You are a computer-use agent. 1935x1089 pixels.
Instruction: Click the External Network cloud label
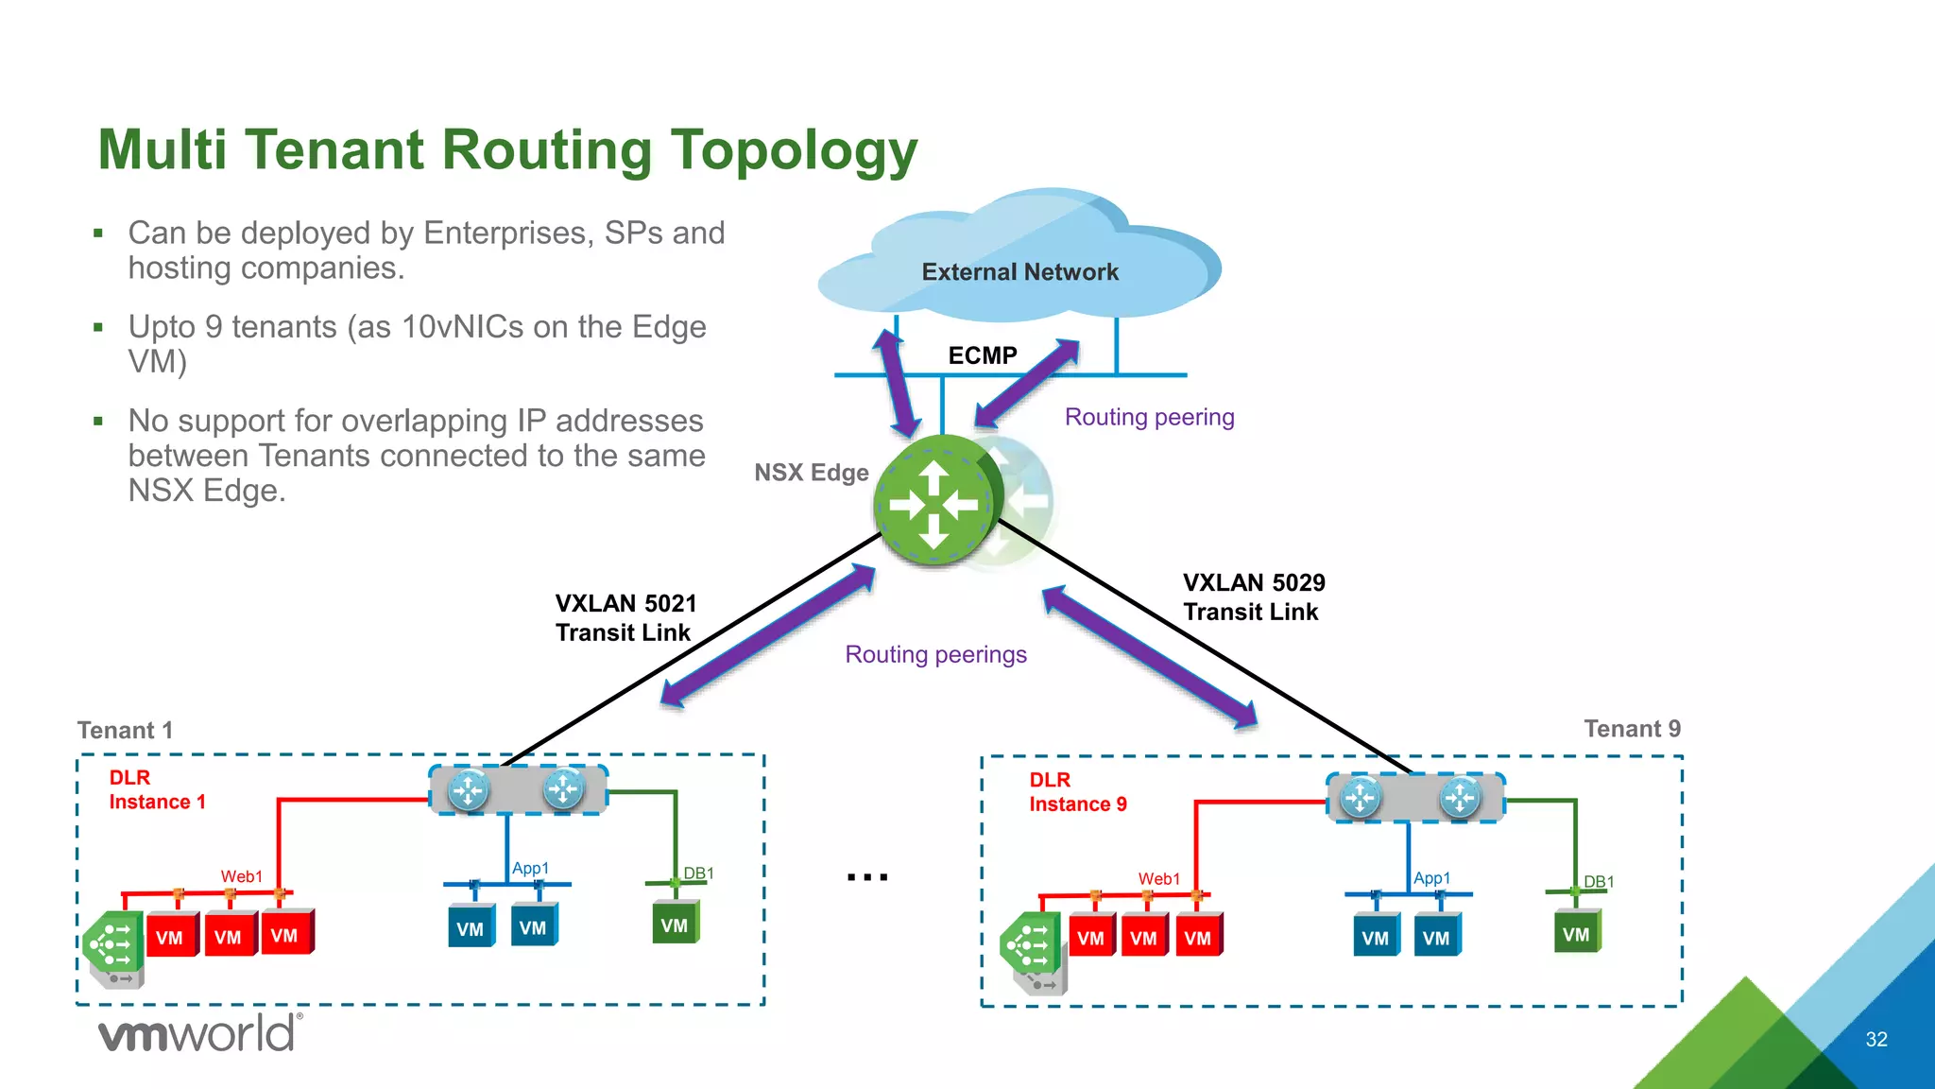click(1019, 272)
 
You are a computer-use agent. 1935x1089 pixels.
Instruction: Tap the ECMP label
click(983, 355)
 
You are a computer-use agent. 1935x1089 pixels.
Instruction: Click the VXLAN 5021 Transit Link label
click(625, 617)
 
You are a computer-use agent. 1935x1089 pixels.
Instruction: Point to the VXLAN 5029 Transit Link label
click(1253, 596)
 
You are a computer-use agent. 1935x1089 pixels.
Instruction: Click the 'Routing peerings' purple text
click(935, 654)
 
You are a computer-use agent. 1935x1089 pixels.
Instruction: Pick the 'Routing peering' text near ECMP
click(1149, 417)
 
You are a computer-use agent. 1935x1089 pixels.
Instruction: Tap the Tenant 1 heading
click(125, 730)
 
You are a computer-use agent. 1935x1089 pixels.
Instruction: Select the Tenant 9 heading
click(1632, 728)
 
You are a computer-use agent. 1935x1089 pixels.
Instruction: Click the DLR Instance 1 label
click(156, 789)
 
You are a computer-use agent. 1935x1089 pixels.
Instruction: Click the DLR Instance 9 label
click(1077, 792)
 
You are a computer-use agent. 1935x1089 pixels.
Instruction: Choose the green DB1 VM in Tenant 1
click(675, 925)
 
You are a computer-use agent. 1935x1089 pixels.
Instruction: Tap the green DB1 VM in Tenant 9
click(1576, 934)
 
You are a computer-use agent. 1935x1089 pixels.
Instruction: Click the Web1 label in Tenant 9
click(1158, 879)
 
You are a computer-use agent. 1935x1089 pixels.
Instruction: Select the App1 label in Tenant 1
click(530, 868)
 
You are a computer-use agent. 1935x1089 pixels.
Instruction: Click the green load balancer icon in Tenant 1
click(112, 942)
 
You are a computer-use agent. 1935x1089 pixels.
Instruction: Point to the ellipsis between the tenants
click(866, 877)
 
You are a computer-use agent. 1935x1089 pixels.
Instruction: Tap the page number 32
click(1875, 1039)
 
